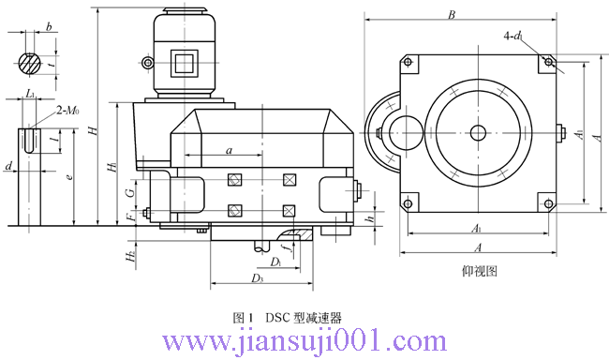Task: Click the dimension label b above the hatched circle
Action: click(x=49, y=28)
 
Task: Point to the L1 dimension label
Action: click(x=31, y=95)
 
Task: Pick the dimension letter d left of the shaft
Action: click(x=8, y=166)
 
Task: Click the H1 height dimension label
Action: click(x=111, y=166)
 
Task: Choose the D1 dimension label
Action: click(x=276, y=260)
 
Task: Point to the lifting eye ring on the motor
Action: click(x=147, y=63)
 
